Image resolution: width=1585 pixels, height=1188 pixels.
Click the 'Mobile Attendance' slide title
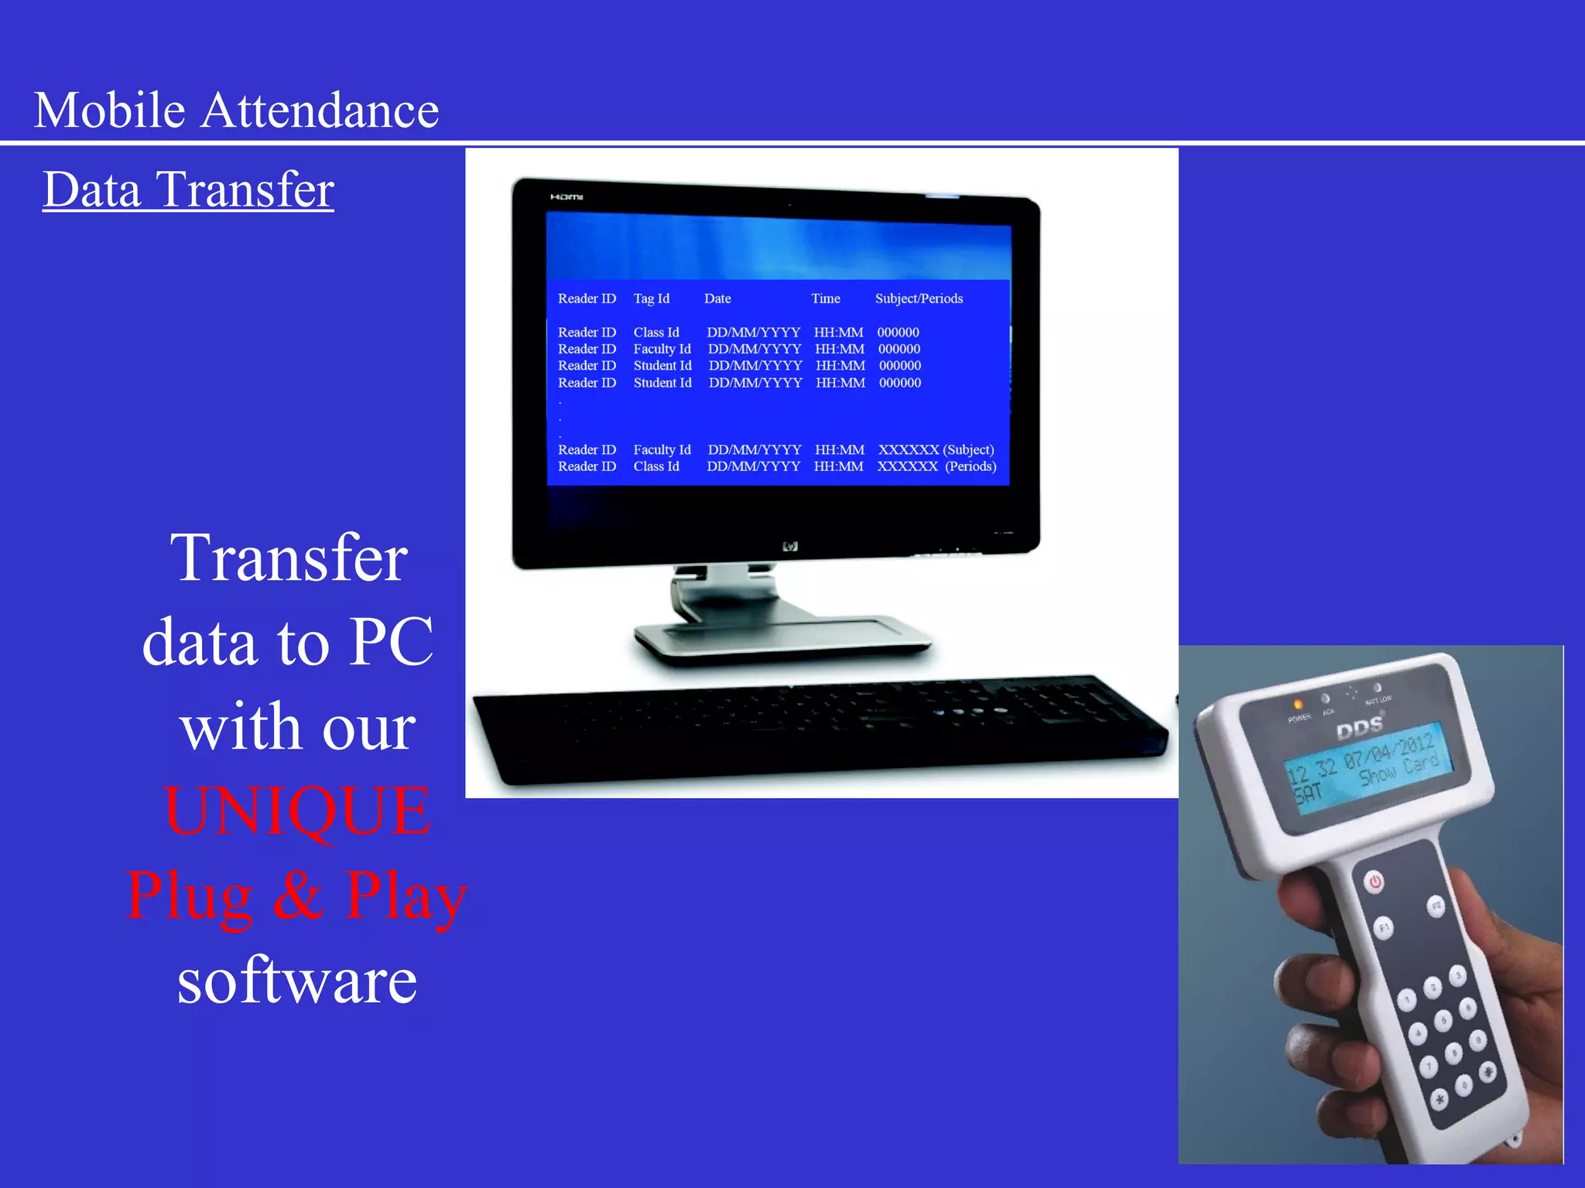[x=236, y=110]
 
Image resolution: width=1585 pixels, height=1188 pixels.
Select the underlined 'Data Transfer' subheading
[x=188, y=189]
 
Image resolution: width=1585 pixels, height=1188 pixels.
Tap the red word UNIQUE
[x=298, y=811]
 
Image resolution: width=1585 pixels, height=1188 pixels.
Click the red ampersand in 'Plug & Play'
[x=298, y=896]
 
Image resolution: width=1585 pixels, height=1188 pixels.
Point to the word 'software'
[x=297, y=981]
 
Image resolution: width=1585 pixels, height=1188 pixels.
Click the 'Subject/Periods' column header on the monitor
[x=919, y=299]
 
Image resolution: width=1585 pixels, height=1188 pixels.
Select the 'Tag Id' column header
[x=651, y=299]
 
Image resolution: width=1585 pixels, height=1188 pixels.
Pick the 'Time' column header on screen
[x=825, y=299]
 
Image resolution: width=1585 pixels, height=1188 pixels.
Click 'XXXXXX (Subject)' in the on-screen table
[x=936, y=450]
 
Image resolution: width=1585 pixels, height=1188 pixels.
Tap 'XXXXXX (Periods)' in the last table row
[x=936, y=466]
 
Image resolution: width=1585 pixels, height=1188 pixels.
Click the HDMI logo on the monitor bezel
[x=567, y=197]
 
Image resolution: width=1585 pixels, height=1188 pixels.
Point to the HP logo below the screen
[x=790, y=547]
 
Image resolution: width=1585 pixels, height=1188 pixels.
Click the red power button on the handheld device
[x=1374, y=881]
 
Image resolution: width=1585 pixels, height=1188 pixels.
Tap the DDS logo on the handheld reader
[x=1360, y=727]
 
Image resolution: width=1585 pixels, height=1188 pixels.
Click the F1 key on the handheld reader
[x=1384, y=927]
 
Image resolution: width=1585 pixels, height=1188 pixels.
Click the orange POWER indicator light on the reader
[x=1298, y=704]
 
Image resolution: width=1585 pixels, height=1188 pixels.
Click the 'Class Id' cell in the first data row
[x=656, y=333]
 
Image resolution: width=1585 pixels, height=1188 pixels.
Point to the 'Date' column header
[x=717, y=299]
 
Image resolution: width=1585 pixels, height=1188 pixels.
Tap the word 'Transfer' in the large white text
[x=289, y=558]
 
